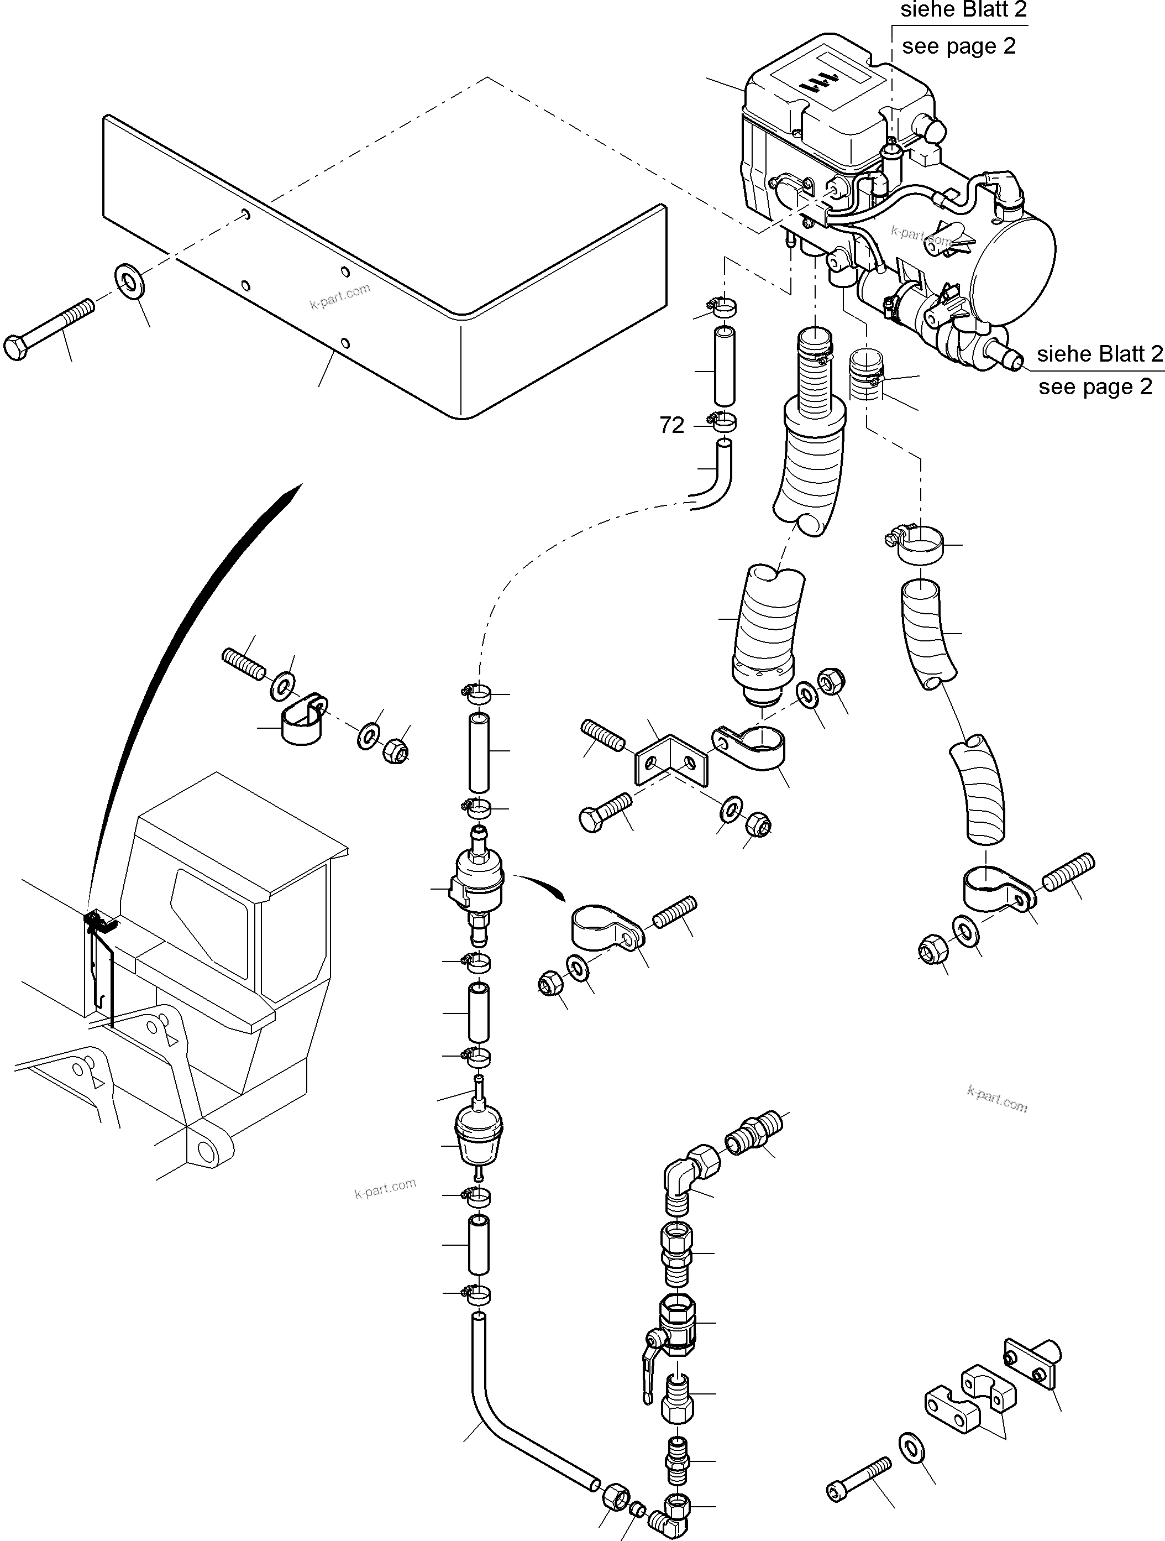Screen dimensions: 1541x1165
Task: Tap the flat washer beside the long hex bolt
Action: tap(129, 281)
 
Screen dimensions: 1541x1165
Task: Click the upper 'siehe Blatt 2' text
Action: tap(963, 10)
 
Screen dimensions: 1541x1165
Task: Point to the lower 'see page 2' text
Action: tap(1095, 386)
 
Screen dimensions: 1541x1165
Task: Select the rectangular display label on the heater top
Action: tap(828, 81)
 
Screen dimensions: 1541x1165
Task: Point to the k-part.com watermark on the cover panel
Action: tap(340, 296)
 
